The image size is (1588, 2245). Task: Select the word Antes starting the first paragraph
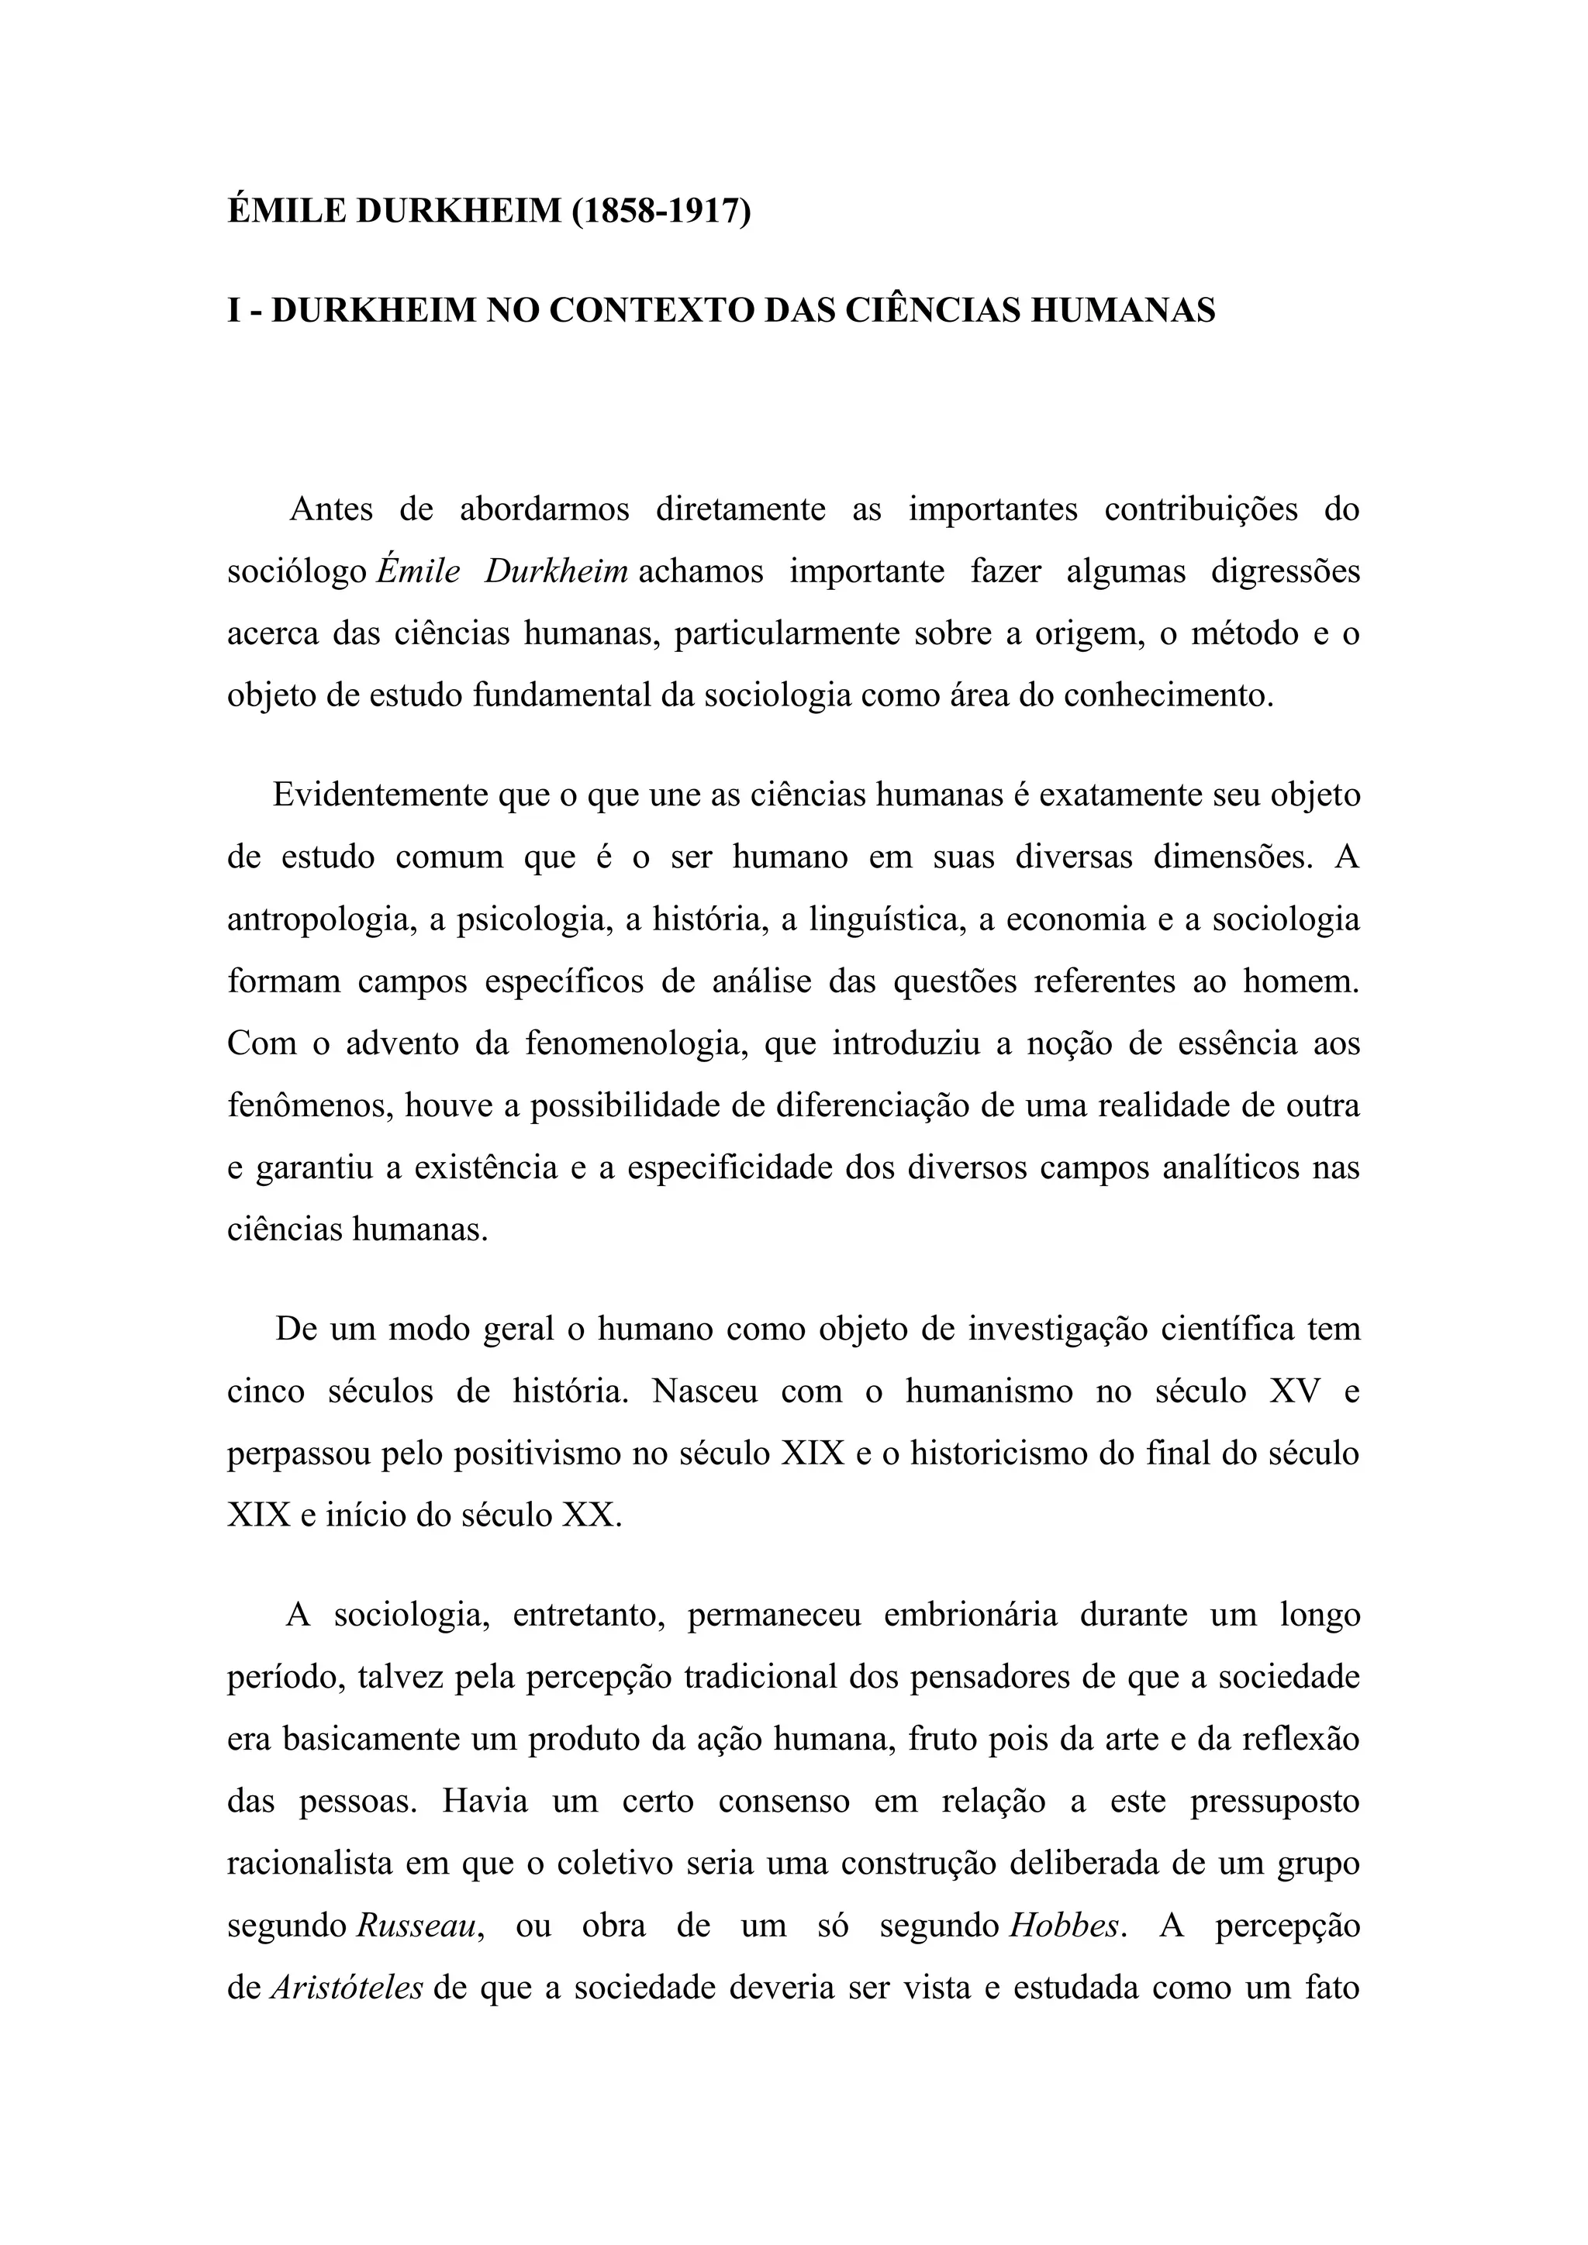[x=332, y=509]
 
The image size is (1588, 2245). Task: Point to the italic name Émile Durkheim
[x=502, y=571]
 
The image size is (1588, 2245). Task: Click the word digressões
[x=1285, y=571]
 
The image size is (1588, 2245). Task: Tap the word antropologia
[x=316, y=920]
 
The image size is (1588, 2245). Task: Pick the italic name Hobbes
[x=1064, y=1926]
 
